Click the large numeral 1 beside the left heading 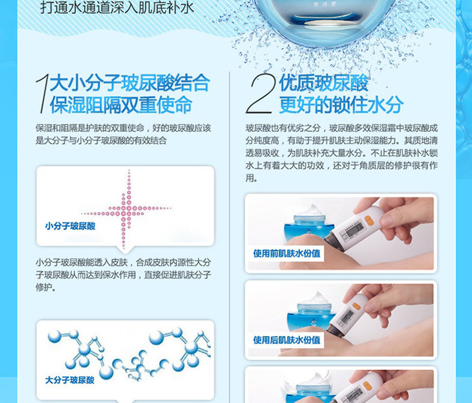[x=42, y=93]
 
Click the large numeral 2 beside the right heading [x=260, y=93]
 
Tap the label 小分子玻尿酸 [x=70, y=226]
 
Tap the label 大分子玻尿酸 [x=70, y=380]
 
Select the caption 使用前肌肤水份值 [x=286, y=254]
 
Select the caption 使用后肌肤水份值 [x=286, y=340]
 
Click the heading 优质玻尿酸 [x=323, y=83]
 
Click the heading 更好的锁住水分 [x=341, y=105]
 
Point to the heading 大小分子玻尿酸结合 [x=130, y=83]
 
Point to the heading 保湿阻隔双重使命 [x=121, y=105]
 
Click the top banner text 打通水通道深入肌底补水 [x=117, y=8]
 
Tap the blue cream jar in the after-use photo [x=312, y=316]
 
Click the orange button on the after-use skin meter [x=357, y=307]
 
